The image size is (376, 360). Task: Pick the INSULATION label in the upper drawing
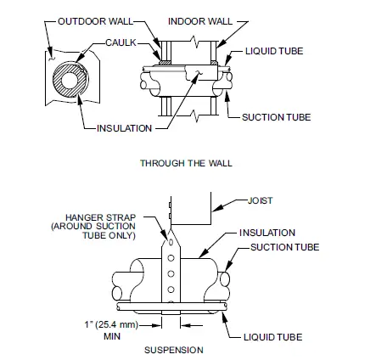[x=125, y=128]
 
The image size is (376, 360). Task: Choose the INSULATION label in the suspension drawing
[x=267, y=233]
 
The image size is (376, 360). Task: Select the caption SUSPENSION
[x=173, y=350]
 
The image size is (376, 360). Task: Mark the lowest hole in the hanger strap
[x=171, y=290]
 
